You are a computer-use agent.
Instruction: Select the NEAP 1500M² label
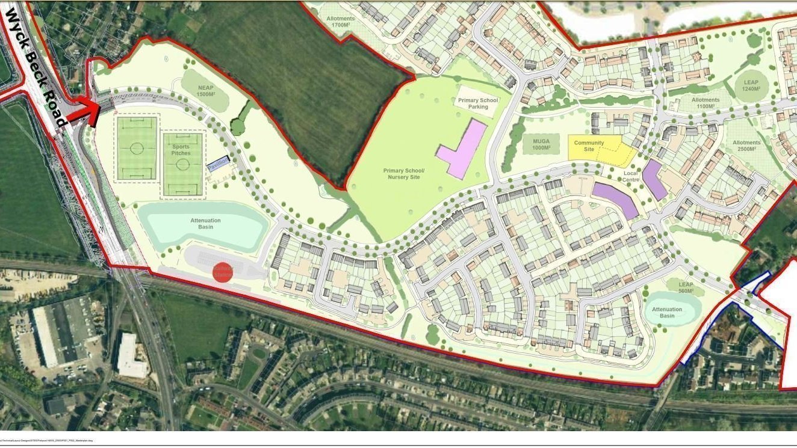point(206,91)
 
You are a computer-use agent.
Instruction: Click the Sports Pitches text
point(181,150)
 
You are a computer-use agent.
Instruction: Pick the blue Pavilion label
point(218,164)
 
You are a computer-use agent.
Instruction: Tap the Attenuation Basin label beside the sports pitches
point(205,224)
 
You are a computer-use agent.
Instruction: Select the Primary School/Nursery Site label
point(404,174)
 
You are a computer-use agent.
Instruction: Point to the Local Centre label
point(631,177)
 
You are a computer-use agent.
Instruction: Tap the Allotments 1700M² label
point(341,22)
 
